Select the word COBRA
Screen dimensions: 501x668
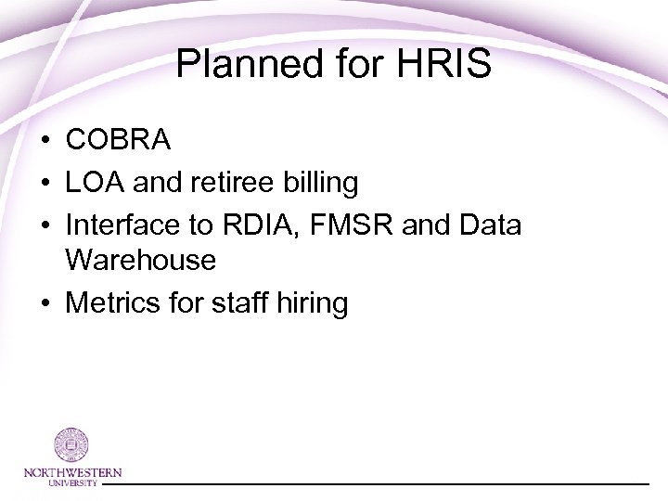118,140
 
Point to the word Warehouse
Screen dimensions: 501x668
141,261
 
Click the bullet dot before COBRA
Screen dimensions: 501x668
45,141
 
